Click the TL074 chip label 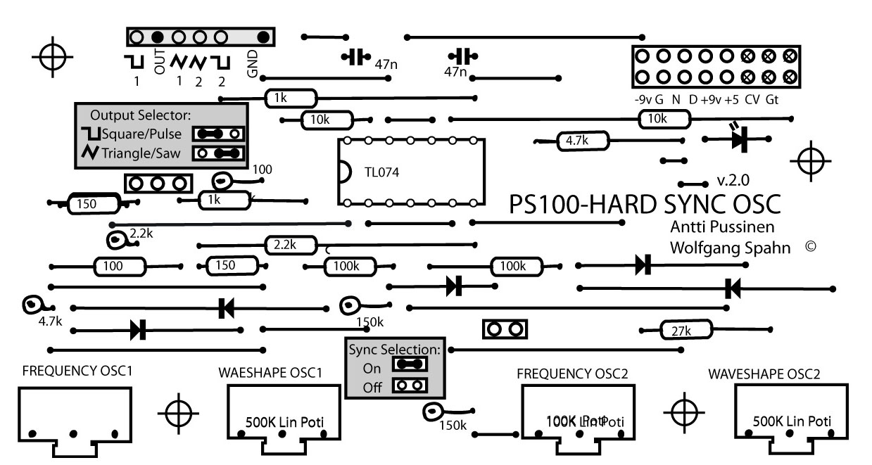point(382,172)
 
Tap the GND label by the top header point(253,65)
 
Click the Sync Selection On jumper point(410,364)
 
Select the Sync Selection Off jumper point(410,385)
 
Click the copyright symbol point(810,247)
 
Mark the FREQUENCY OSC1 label point(77,371)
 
